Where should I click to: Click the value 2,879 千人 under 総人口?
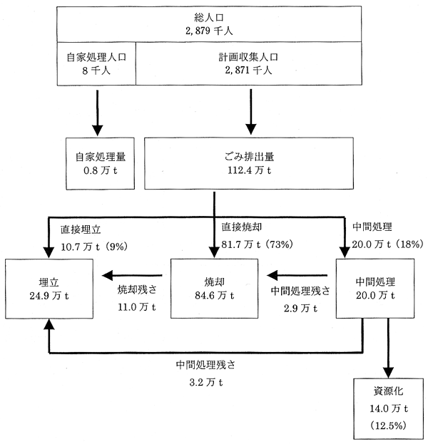(209, 31)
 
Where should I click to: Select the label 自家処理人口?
(96, 57)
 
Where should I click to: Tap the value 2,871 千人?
(248, 70)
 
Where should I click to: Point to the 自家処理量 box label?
(101, 157)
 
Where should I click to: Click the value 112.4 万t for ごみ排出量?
(249, 170)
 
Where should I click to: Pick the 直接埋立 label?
(81, 229)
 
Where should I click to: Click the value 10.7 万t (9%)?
(94, 247)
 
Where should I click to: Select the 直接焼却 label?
(242, 227)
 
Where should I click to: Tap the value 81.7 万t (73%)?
(257, 244)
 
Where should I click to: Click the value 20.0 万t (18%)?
(387, 244)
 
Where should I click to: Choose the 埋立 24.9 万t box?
(49, 289)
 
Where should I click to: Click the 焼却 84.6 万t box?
(214, 289)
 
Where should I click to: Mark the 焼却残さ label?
(137, 289)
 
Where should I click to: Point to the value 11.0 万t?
(137, 307)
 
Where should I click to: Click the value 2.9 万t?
(300, 308)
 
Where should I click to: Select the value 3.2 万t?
(205, 383)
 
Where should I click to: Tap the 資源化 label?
(388, 391)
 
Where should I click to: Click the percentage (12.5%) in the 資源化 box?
(388, 425)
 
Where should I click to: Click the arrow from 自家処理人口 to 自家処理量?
(98, 113)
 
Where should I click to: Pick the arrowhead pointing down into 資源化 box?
(388, 372)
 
